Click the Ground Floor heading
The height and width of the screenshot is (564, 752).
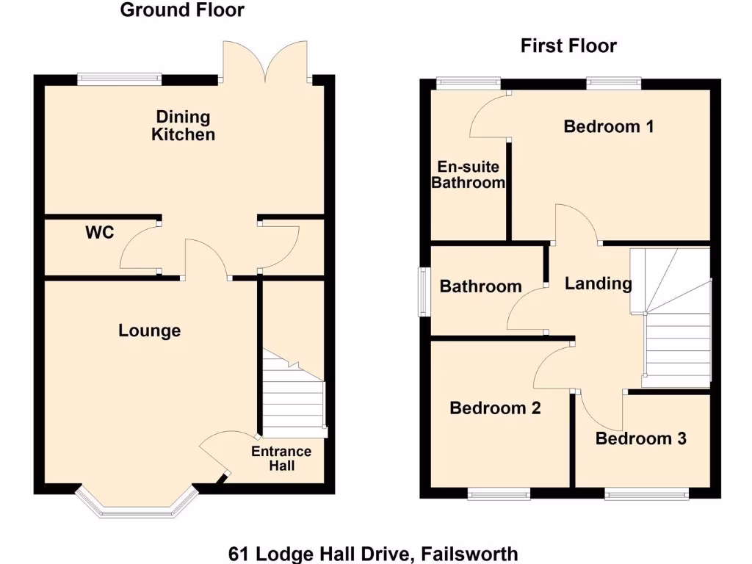[181, 10]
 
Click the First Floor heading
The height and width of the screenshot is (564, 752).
[568, 46]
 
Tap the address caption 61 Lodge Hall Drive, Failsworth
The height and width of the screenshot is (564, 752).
[373, 553]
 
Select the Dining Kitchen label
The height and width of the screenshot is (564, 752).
[183, 126]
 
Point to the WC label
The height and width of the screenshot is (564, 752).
[100, 233]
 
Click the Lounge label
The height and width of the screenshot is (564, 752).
[150, 331]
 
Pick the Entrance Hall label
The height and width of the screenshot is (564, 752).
[281, 458]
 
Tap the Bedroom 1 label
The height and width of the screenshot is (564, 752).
[608, 126]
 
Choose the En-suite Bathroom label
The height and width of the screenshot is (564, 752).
[468, 175]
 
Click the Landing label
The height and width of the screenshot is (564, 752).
[598, 283]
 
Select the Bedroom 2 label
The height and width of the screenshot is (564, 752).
[495, 408]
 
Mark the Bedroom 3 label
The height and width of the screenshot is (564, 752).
[640, 439]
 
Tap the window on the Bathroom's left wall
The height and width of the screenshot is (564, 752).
[424, 292]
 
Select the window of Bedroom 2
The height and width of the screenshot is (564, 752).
[499, 494]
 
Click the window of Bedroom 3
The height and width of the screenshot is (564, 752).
[646, 494]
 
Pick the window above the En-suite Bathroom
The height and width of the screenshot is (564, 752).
[468, 83]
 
